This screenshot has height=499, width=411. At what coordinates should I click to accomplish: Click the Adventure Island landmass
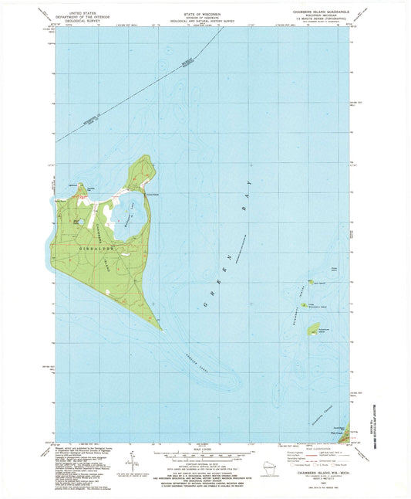point(315,330)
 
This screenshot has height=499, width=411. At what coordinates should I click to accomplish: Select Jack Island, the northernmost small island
point(311,283)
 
